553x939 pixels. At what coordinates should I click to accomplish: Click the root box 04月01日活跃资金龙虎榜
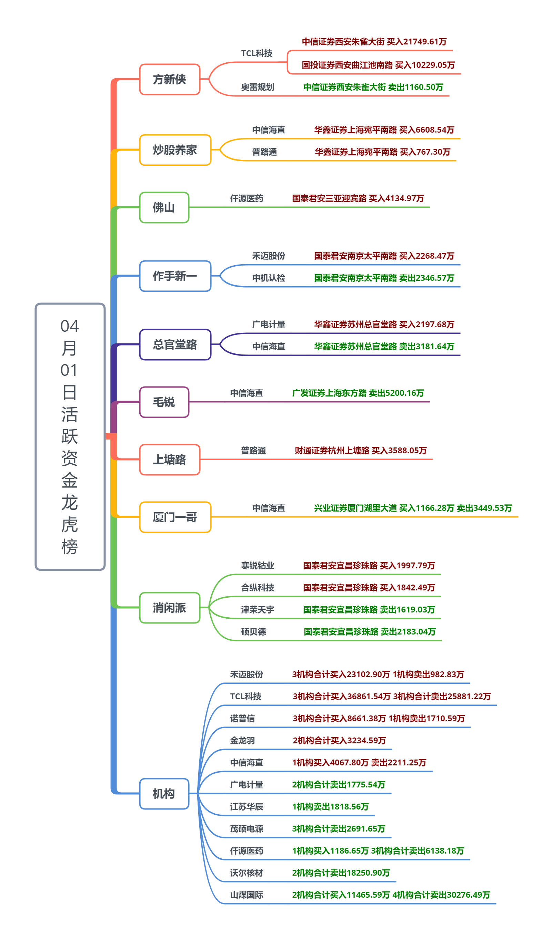click(70, 436)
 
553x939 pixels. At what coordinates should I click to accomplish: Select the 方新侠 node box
click(170, 79)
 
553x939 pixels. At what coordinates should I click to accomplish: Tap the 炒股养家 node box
click(175, 150)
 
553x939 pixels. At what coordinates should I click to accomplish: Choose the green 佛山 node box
click(164, 208)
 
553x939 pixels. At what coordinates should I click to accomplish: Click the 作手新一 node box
click(175, 276)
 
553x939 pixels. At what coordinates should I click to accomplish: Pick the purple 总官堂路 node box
click(175, 345)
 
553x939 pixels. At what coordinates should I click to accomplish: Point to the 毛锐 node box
click(164, 402)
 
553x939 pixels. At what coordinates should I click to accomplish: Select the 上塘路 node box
click(170, 460)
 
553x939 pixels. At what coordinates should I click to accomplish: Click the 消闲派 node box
click(170, 608)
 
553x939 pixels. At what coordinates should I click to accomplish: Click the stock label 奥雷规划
click(257, 87)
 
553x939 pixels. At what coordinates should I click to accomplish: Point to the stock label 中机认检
click(269, 278)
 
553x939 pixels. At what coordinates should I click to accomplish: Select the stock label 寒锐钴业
click(257, 566)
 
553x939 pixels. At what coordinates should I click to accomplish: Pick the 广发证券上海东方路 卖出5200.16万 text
click(358, 393)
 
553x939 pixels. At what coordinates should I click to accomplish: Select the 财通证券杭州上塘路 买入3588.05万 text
click(361, 451)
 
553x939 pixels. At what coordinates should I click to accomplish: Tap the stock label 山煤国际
click(247, 895)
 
